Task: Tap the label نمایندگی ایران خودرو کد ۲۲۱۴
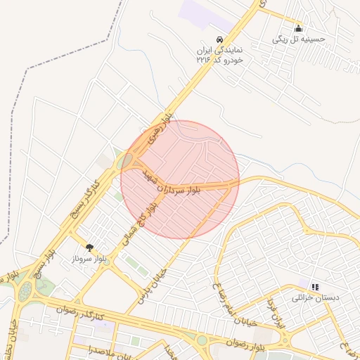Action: (219, 56)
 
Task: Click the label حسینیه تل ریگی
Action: (299, 39)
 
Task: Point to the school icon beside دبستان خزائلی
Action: (315, 287)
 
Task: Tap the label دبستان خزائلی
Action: (315, 297)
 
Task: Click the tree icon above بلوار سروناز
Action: (89, 247)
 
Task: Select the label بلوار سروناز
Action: (89, 259)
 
